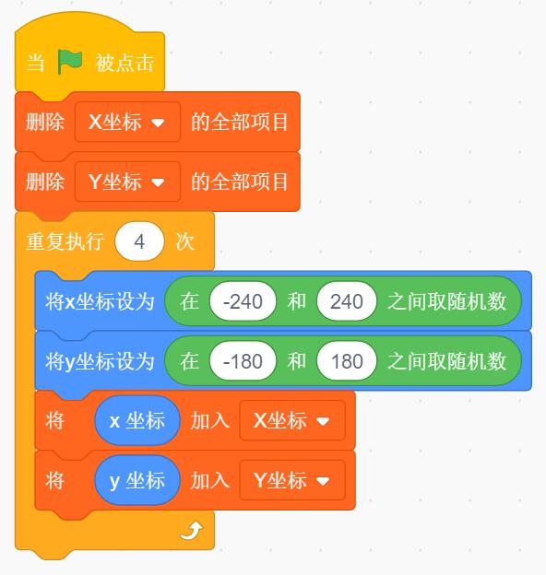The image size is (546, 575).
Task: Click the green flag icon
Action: coord(69,62)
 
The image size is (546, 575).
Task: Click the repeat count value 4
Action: coord(139,241)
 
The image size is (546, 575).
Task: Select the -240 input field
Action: coord(243,301)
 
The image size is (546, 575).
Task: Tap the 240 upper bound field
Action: coord(347,301)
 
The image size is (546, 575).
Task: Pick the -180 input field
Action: coord(243,361)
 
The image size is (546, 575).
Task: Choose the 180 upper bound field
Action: coord(347,361)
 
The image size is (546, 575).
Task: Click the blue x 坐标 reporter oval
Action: coord(137,420)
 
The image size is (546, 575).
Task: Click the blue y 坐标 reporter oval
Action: coord(137,480)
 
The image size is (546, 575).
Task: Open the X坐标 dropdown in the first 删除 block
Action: coord(127,122)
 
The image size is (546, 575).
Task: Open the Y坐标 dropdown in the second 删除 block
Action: coord(127,182)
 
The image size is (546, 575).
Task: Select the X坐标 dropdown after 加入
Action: coord(292,420)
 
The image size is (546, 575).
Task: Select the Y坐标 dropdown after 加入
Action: coord(292,480)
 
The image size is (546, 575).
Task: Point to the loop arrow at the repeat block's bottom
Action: coord(191,531)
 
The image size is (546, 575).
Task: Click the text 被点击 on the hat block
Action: coord(125,63)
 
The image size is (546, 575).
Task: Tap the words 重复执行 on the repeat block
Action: coord(65,242)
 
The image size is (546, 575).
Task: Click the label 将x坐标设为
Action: coord(100,302)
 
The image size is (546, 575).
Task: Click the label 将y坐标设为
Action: coord(100,361)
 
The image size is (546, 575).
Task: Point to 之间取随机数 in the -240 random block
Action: coord(447,301)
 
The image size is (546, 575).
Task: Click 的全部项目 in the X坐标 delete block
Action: coord(239,123)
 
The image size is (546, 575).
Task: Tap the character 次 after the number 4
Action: coord(185,242)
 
